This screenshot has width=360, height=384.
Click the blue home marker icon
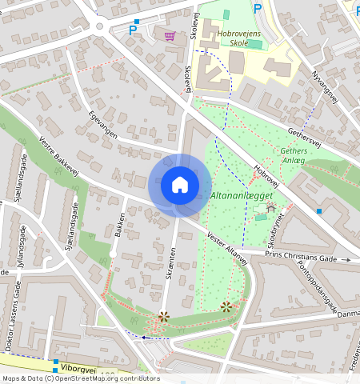click(x=180, y=185)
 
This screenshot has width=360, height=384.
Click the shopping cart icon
click(x=170, y=35)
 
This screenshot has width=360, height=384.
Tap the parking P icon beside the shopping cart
click(x=133, y=30)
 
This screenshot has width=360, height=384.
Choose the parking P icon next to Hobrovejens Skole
click(x=257, y=9)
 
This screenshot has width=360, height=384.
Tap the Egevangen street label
click(x=103, y=124)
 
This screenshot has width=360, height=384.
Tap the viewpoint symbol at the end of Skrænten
click(x=164, y=317)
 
